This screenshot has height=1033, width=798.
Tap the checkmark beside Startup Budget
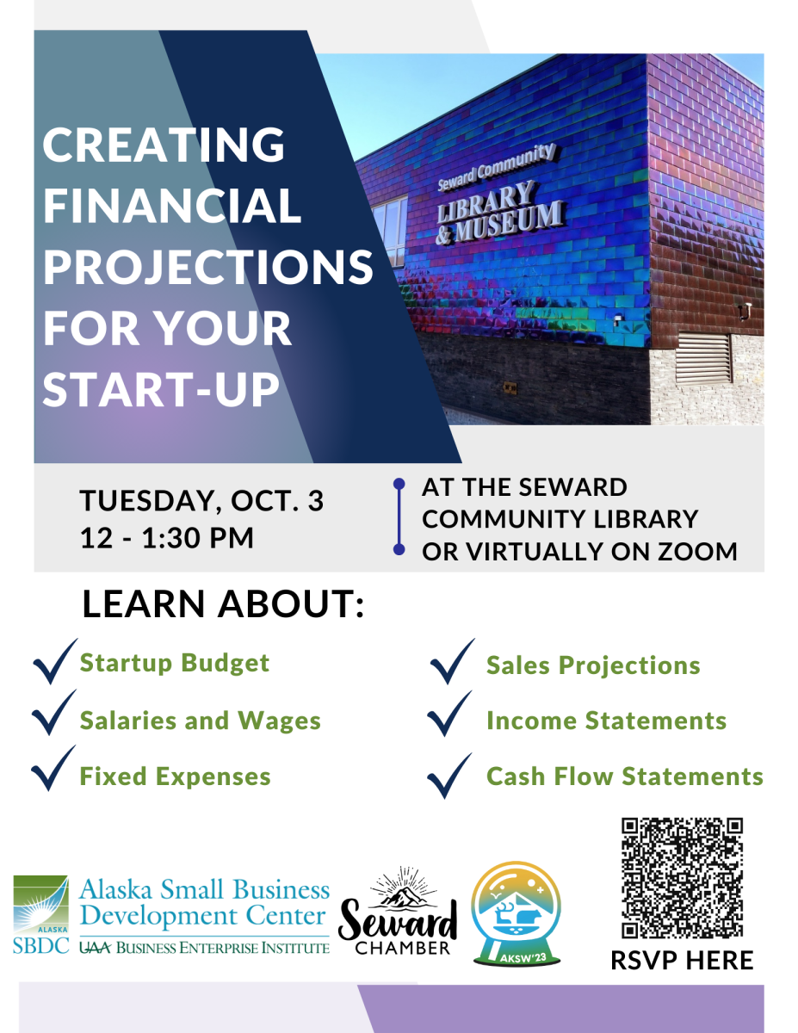coord(55,661)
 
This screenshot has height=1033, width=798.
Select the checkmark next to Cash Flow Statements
coord(449,776)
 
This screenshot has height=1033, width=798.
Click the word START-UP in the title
coord(161,389)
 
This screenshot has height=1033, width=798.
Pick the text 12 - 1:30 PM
coord(167,538)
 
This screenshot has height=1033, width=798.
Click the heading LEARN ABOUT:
coord(223,603)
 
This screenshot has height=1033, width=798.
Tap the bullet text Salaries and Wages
coord(201,721)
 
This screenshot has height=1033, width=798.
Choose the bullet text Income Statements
coord(606,721)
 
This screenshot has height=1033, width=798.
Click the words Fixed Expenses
coord(176,776)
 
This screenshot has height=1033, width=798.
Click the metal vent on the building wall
coord(703,358)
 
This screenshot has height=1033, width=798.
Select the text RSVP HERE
coord(682,961)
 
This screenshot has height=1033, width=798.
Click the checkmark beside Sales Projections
coord(452,661)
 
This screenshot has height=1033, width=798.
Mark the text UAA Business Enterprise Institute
coord(204,948)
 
